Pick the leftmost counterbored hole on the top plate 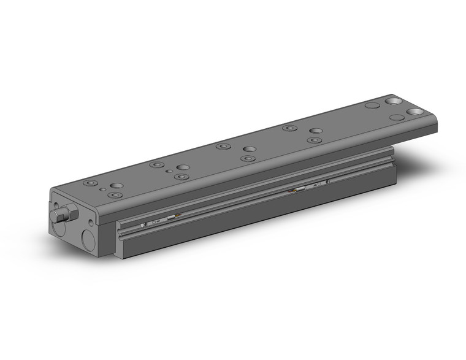click(x=91, y=183)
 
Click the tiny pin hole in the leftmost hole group click(x=101, y=190)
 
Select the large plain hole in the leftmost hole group click(x=115, y=185)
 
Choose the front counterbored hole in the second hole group click(x=180, y=177)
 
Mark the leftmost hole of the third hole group click(x=222, y=147)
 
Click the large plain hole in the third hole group click(x=249, y=148)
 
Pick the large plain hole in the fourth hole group click(x=316, y=131)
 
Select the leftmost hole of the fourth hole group click(x=288, y=128)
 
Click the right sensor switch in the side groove click(x=319, y=184)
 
